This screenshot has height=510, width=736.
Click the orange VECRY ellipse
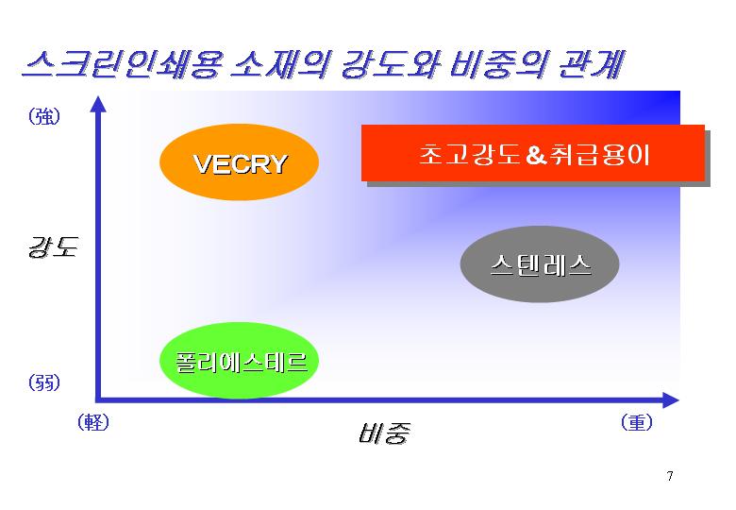tap(240, 162)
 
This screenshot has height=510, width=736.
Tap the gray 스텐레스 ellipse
tap(540, 263)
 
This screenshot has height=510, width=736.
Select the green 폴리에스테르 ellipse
tap(240, 361)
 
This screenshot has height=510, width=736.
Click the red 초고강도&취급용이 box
tap(533, 153)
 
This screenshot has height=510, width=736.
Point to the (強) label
tap(44, 116)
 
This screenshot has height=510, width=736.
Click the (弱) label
tap(44, 382)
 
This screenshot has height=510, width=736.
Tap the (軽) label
tap(93, 422)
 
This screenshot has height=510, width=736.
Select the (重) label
tap(637, 422)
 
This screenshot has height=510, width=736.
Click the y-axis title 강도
tap(53, 247)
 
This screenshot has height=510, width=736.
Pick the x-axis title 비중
tap(384, 433)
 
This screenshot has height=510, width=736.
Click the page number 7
tap(670, 476)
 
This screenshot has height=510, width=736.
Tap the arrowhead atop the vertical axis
tap(98, 104)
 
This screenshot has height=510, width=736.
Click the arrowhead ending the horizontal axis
tap(671, 400)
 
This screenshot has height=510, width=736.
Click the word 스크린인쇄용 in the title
tap(121, 64)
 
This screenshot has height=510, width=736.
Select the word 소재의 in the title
tap(280, 64)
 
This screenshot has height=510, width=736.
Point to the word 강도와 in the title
tap(390, 64)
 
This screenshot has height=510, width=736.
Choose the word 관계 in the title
tap(592, 64)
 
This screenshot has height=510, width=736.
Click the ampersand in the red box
tap(536, 155)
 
